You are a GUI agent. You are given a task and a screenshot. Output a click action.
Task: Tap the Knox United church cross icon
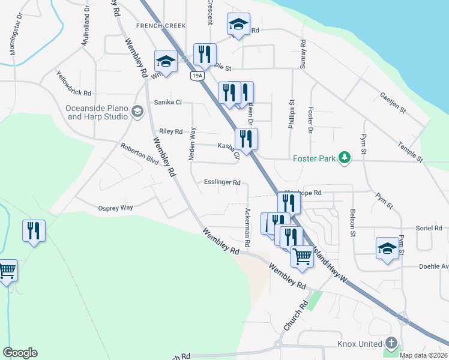point(391,344)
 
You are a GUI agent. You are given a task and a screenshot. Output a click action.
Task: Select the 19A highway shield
point(197,76)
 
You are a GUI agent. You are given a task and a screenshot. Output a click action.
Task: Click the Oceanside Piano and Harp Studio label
point(97,112)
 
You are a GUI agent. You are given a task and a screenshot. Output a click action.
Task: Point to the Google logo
point(20,353)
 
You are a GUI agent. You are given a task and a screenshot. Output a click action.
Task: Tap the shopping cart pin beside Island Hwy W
point(303,256)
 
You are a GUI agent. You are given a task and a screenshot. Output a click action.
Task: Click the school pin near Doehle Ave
point(387,248)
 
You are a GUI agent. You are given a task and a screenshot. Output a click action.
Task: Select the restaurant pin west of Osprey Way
point(34,231)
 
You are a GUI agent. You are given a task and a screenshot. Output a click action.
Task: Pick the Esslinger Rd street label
point(222,182)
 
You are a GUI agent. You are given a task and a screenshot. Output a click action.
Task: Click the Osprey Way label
point(115,208)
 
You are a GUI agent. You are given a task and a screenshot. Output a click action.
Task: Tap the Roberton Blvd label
point(139,154)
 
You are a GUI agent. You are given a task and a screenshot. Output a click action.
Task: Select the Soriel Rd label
point(429,229)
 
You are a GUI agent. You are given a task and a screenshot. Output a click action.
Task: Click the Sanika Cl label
point(167,102)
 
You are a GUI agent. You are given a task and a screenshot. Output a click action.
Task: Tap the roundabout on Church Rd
point(277,345)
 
